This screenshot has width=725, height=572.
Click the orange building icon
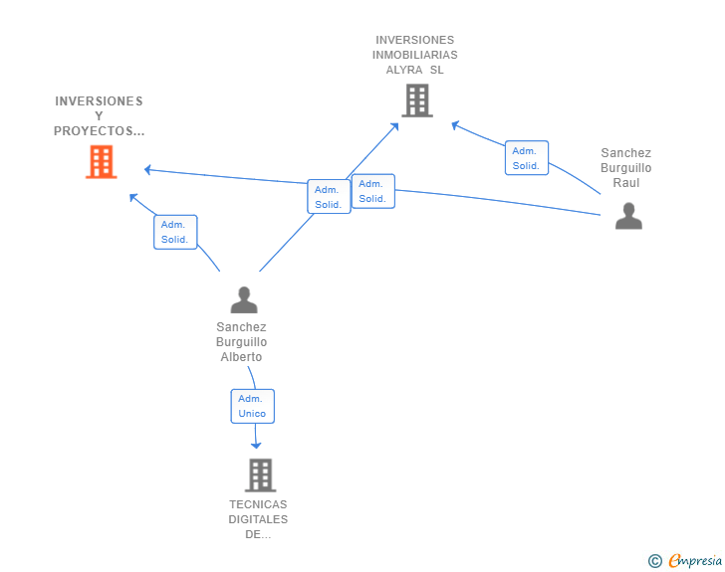click(x=101, y=162)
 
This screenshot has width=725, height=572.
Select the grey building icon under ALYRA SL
click(x=416, y=100)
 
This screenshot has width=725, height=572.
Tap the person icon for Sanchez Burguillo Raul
click(x=628, y=216)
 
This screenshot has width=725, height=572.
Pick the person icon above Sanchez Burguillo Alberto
click(x=243, y=299)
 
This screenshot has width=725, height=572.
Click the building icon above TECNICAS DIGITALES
click(x=260, y=475)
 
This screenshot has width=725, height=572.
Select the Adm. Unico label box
click(x=252, y=406)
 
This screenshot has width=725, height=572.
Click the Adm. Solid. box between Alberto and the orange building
click(x=175, y=232)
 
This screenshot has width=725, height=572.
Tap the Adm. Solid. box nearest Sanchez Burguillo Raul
click(x=526, y=158)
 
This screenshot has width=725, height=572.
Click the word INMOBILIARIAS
click(x=416, y=55)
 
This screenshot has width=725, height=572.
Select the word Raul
click(x=626, y=183)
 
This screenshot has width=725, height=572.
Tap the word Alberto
click(x=241, y=357)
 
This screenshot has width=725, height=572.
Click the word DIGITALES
click(x=258, y=519)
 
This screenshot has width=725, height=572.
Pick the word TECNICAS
click(x=258, y=504)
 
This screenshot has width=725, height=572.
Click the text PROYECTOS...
click(x=99, y=131)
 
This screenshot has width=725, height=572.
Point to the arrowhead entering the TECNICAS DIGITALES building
click(x=256, y=444)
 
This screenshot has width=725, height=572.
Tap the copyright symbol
click(x=654, y=561)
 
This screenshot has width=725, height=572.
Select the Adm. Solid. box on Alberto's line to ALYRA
click(x=329, y=197)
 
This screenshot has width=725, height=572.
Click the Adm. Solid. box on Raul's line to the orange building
click(x=372, y=191)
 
